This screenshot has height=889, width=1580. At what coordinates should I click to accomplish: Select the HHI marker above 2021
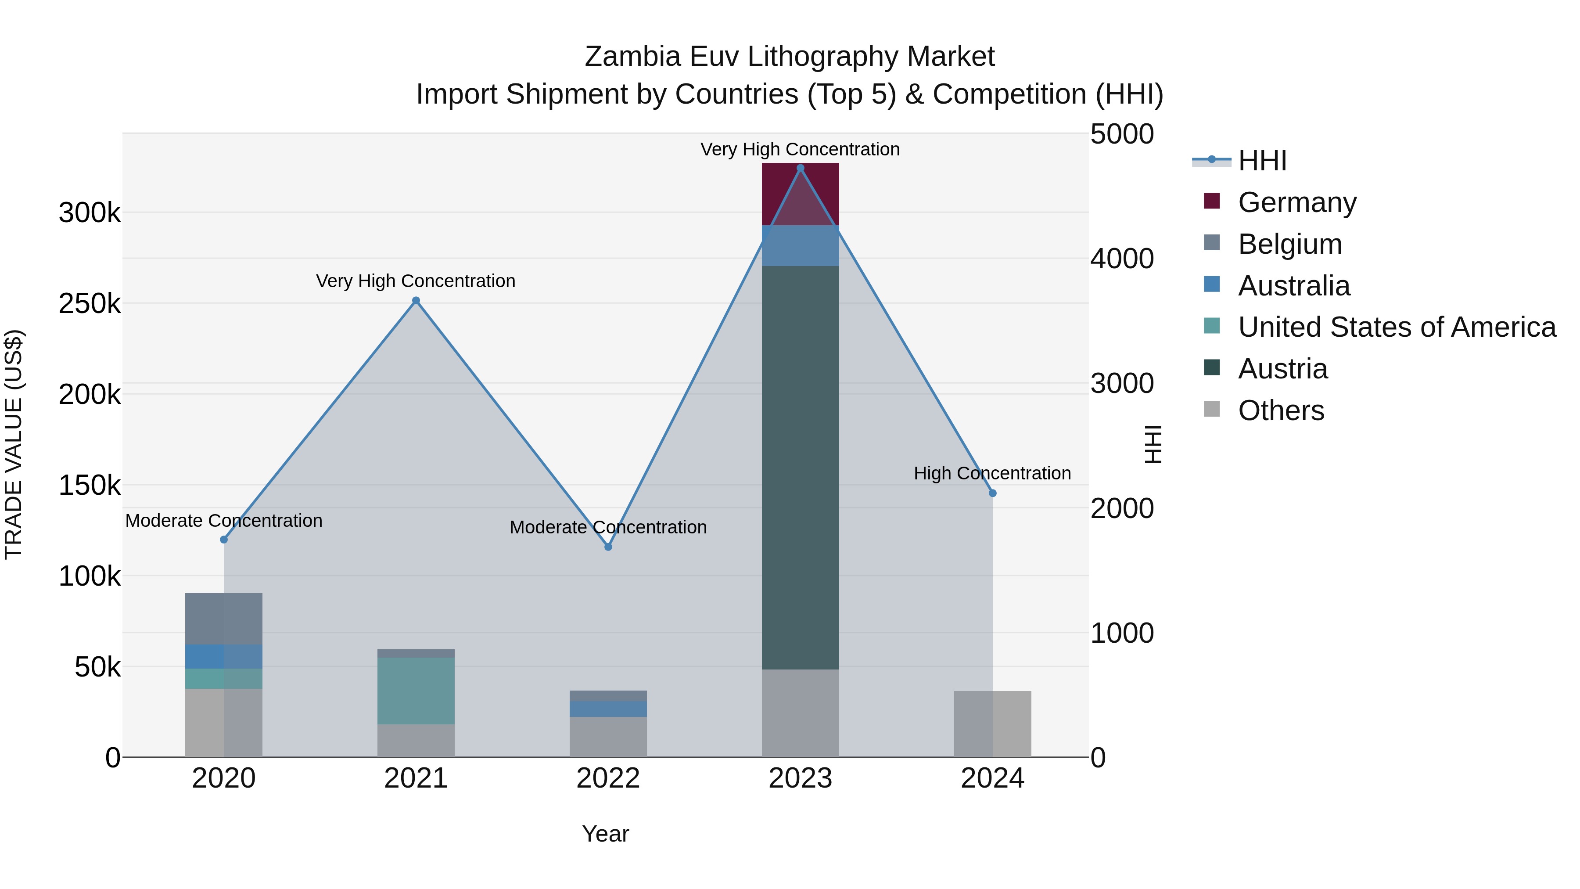coord(416,301)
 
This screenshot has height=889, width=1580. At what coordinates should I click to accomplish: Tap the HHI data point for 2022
coord(608,547)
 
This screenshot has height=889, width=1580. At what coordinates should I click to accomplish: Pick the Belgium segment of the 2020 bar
coord(223,619)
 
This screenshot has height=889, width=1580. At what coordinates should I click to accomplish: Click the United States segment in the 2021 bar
coord(416,690)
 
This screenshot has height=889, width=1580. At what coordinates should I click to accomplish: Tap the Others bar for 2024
coord(992,724)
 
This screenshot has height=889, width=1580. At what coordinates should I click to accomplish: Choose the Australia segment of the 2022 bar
coord(608,709)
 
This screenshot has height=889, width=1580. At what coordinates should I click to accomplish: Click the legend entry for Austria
coord(1282,369)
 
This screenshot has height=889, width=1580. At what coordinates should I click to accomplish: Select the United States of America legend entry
coord(1396,327)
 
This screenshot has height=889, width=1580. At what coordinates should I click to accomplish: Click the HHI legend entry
coord(1262,161)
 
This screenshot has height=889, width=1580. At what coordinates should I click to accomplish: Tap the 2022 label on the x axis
coord(608,778)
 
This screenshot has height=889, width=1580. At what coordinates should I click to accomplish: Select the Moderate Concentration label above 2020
coord(223,520)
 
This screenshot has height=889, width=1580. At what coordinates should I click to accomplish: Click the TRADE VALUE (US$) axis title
coord(14,444)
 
